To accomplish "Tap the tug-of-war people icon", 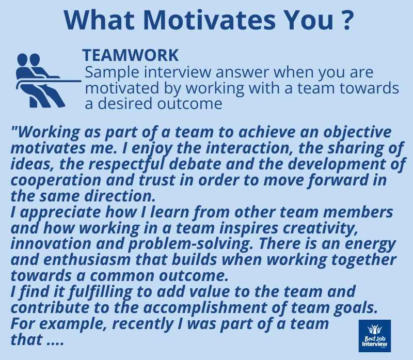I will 39,80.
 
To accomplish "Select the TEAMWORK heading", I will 131,55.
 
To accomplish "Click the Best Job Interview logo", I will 374,336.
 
